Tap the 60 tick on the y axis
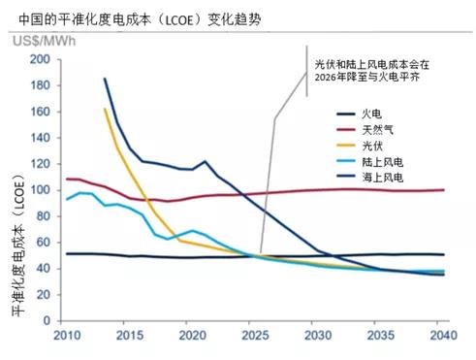tap(42, 243)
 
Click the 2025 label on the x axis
tap(256, 336)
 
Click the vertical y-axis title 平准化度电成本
tap(17, 243)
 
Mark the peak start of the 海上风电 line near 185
tap(104, 79)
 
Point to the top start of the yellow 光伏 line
tap(104, 109)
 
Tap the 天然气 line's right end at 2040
tap(444, 190)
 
